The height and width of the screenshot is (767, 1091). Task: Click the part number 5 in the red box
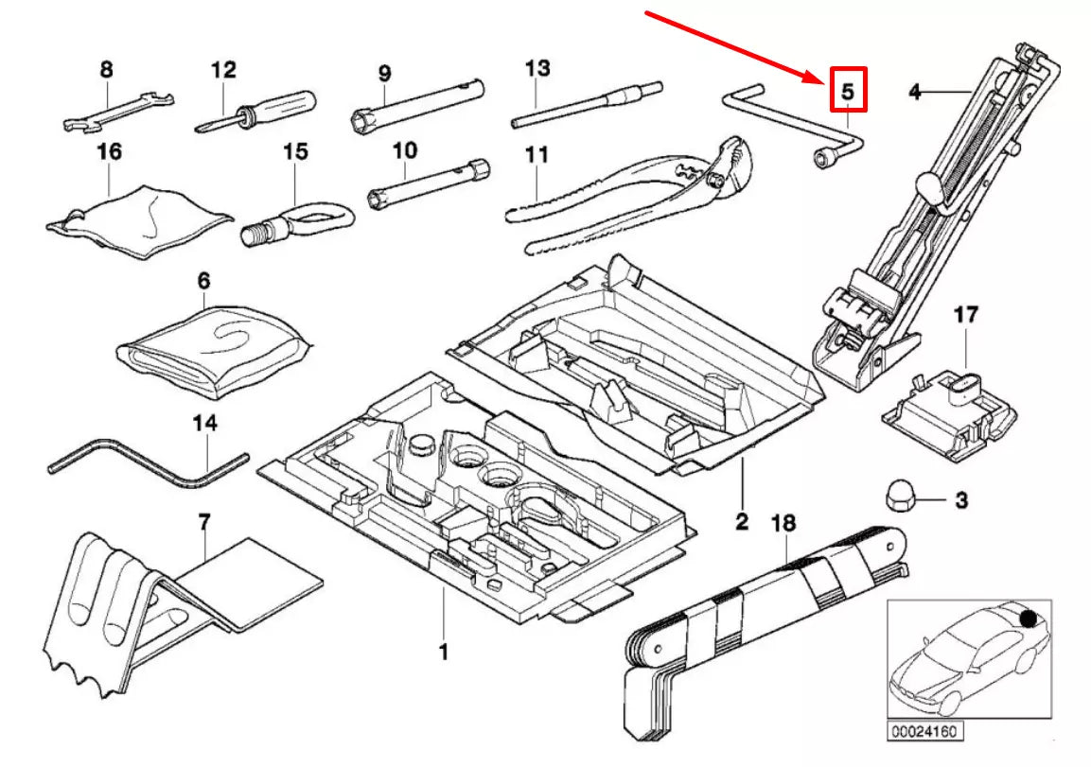tap(848, 91)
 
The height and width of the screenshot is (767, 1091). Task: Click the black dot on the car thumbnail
tap(1028, 619)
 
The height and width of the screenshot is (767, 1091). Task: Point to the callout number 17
tap(965, 316)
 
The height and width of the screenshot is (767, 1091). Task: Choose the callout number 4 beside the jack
tap(913, 92)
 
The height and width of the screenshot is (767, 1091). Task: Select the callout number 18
tap(783, 522)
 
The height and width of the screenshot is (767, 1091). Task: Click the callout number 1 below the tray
tap(442, 651)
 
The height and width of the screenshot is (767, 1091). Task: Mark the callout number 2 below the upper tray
tap(742, 521)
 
